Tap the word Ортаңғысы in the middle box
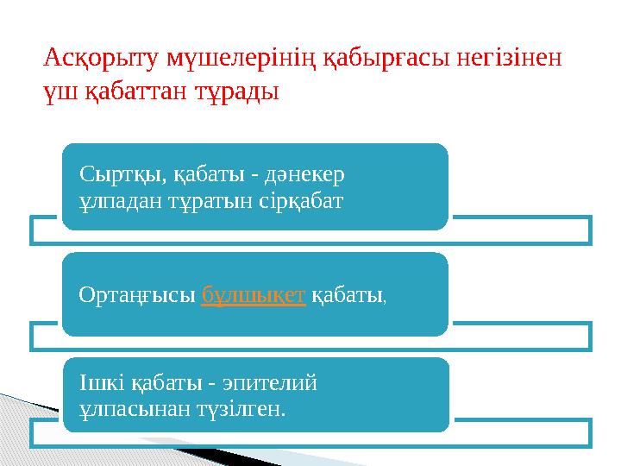click(x=135, y=295)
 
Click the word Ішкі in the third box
click(x=99, y=381)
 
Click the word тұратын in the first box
click(x=208, y=201)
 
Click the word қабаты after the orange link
click(x=348, y=295)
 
